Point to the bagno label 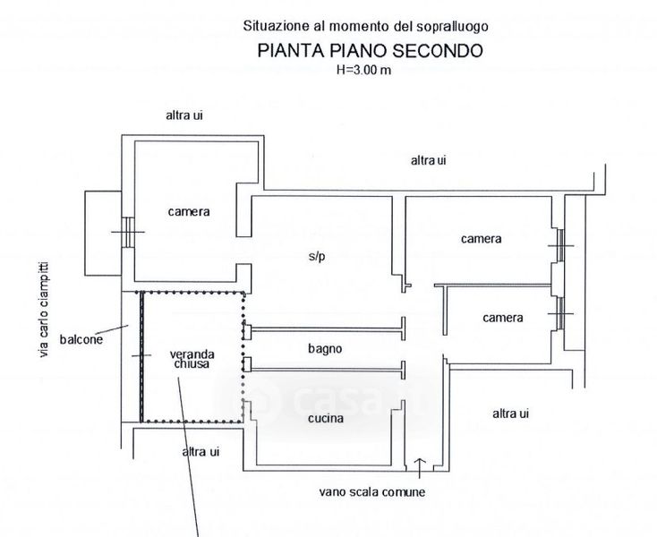point(325,348)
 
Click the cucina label point(325,417)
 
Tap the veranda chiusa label point(192,360)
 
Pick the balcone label point(81,339)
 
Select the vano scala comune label point(377,491)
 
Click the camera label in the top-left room point(189,212)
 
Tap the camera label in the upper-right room point(482,239)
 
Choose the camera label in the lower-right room point(501,318)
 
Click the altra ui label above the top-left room point(184,115)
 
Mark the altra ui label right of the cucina point(511,413)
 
